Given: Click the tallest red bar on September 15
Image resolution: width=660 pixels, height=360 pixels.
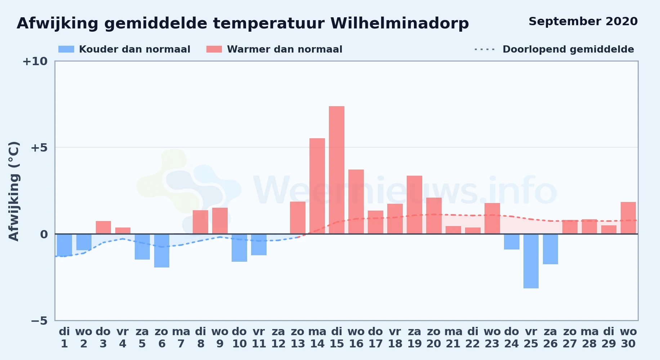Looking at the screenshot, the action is pyautogui.click(x=336, y=170).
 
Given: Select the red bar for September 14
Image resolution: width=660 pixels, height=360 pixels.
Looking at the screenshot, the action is pyautogui.click(x=317, y=186).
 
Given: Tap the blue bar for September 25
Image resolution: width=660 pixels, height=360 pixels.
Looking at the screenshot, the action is pyautogui.click(x=531, y=261).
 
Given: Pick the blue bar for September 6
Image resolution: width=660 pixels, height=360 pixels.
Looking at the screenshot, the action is pyautogui.click(x=162, y=251).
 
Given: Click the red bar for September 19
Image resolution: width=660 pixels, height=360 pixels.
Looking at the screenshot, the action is pyautogui.click(x=414, y=205).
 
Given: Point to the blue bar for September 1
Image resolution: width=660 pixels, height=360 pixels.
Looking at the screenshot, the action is pyautogui.click(x=64, y=245).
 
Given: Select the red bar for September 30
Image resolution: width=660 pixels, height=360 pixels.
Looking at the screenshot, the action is pyautogui.click(x=628, y=218).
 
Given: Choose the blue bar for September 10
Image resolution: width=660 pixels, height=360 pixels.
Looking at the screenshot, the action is pyautogui.click(x=240, y=248).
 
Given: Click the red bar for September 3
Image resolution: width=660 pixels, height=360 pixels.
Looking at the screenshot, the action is pyautogui.click(x=103, y=228).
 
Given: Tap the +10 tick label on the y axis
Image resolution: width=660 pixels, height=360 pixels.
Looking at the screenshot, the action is pyautogui.click(x=35, y=61).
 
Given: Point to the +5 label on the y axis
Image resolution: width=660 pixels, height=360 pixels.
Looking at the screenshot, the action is pyautogui.click(x=39, y=148).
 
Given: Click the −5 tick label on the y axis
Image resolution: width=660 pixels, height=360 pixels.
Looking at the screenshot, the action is pyautogui.click(x=39, y=321).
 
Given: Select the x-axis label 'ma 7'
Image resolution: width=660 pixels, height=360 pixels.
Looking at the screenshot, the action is pyautogui.click(x=181, y=337).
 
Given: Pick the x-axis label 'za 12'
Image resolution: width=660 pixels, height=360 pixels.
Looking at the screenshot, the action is pyautogui.click(x=278, y=337).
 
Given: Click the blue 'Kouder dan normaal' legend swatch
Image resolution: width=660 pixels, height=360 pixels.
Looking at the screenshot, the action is pyautogui.click(x=66, y=49).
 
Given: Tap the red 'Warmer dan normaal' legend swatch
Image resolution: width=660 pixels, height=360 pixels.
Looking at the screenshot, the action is pyautogui.click(x=214, y=49).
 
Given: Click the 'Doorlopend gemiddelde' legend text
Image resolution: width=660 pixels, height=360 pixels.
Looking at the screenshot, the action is pyautogui.click(x=568, y=49).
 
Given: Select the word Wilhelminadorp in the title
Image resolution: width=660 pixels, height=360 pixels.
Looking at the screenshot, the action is pyautogui.click(x=400, y=23).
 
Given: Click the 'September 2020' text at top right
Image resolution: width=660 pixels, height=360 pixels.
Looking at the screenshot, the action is pyautogui.click(x=583, y=22).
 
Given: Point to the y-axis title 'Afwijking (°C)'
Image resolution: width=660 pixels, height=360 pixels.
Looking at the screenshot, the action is pyautogui.click(x=14, y=191).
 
